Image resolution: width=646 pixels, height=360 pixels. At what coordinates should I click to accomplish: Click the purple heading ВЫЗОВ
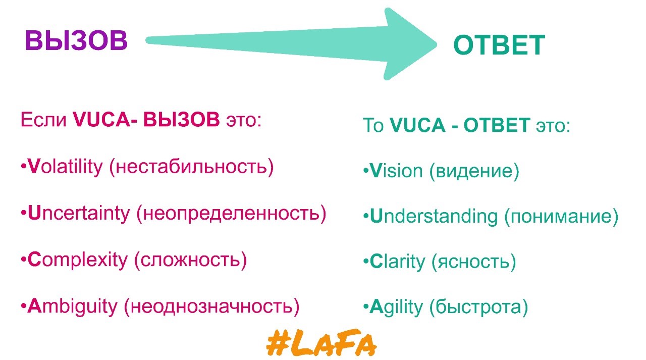pos(76,40)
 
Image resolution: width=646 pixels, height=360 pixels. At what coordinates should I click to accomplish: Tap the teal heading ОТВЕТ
pos(499,45)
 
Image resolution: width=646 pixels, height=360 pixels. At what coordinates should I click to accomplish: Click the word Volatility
pos(65,167)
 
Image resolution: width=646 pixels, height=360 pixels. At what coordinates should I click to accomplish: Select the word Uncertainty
pos(79,214)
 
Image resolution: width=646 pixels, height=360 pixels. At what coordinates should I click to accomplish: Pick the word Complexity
pos(78,260)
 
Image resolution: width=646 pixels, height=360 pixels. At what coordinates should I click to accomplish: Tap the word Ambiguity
pos(73,307)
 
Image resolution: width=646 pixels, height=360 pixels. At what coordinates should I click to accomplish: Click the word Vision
pos(396,171)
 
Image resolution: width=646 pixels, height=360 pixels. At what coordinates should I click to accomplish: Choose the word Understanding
pos(434,216)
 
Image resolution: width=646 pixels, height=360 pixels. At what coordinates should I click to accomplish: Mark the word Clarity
pos(397,262)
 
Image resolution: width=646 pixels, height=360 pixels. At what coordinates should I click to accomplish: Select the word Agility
pos(396,307)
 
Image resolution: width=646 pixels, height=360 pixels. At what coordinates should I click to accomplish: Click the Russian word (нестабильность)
pos(191,167)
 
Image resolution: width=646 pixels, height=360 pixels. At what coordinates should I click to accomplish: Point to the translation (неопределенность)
pos(231,214)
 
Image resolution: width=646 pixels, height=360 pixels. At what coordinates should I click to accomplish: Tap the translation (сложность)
pos(191,260)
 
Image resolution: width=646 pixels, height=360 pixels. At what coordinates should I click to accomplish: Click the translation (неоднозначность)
pos(211,307)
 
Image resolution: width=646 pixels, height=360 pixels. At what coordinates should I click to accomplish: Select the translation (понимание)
pos(561,216)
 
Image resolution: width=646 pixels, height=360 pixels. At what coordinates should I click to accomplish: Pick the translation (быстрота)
pos(479,307)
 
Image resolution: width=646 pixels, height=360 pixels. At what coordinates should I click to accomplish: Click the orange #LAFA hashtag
pos(321,343)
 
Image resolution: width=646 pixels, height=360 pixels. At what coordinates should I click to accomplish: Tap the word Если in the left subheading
pos(43,120)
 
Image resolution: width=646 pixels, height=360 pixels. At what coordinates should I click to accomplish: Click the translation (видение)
pos(474,171)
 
